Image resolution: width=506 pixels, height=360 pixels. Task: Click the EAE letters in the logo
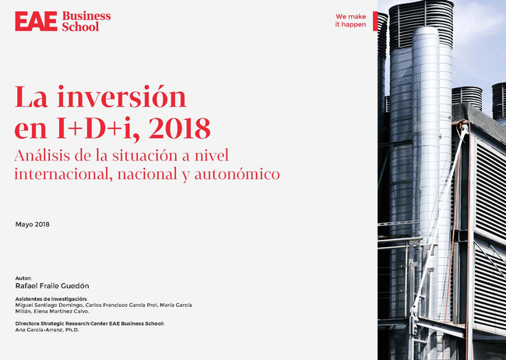[x=36, y=21]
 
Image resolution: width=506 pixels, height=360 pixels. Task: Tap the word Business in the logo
[x=86, y=16]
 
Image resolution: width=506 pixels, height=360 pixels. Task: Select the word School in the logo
[x=80, y=26]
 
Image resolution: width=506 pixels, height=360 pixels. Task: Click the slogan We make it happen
[x=350, y=20]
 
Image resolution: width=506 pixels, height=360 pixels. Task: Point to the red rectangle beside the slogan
[x=375, y=21]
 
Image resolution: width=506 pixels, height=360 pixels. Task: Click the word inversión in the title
[x=121, y=97]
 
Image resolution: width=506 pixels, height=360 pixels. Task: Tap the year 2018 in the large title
[x=179, y=128]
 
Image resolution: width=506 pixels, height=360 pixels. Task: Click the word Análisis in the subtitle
[x=42, y=155]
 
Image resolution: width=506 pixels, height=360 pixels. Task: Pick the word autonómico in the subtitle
[x=237, y=175]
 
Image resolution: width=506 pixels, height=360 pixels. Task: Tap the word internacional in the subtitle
[x=63, y=174]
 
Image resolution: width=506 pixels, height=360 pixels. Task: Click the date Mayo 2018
[x=32, y=224]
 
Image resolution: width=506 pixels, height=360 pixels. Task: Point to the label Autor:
[x=23, y=278]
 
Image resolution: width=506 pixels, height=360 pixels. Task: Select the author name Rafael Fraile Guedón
[x=52, y=286]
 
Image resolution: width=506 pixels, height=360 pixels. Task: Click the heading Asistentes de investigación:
[x=51, y=299]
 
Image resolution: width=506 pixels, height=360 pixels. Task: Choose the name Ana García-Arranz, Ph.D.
[x=47, y=330]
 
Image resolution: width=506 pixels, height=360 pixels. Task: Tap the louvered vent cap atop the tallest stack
[x=421, y=23]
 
